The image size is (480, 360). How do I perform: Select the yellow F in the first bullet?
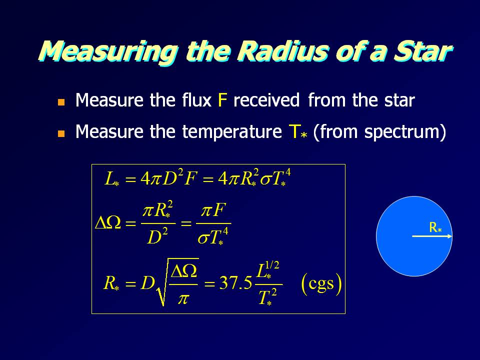tap(222, 100)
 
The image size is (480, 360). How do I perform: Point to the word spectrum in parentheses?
tap(401, 132)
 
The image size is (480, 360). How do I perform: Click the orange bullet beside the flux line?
tap(61, 102)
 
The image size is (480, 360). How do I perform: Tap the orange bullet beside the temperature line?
tap(61, 133)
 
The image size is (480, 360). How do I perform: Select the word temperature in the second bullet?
tap(231, 132)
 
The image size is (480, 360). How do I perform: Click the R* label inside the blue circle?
tap(435, 227)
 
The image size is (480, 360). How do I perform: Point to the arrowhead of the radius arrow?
tap(450, 236)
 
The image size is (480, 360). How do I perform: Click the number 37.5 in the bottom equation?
tap(235, 283)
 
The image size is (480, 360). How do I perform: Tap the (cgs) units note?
tap(321, 284)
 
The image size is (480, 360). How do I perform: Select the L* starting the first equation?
tap(111, 179)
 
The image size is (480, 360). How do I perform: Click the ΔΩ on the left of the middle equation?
tap(108, 223)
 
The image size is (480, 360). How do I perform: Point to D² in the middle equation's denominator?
tap(157, 236)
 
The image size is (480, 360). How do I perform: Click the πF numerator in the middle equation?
tap(213, 211)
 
